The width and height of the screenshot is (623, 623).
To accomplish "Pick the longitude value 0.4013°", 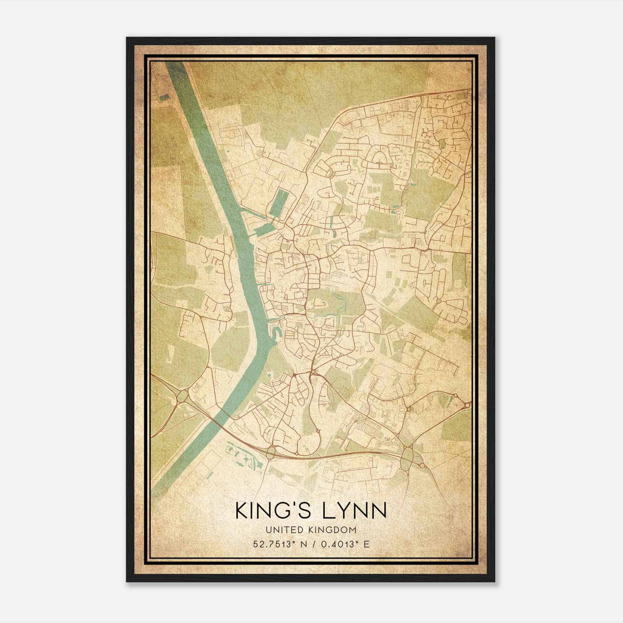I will click(x=338, y=544).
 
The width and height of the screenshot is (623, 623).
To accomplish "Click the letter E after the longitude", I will click(x=366, y=544).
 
